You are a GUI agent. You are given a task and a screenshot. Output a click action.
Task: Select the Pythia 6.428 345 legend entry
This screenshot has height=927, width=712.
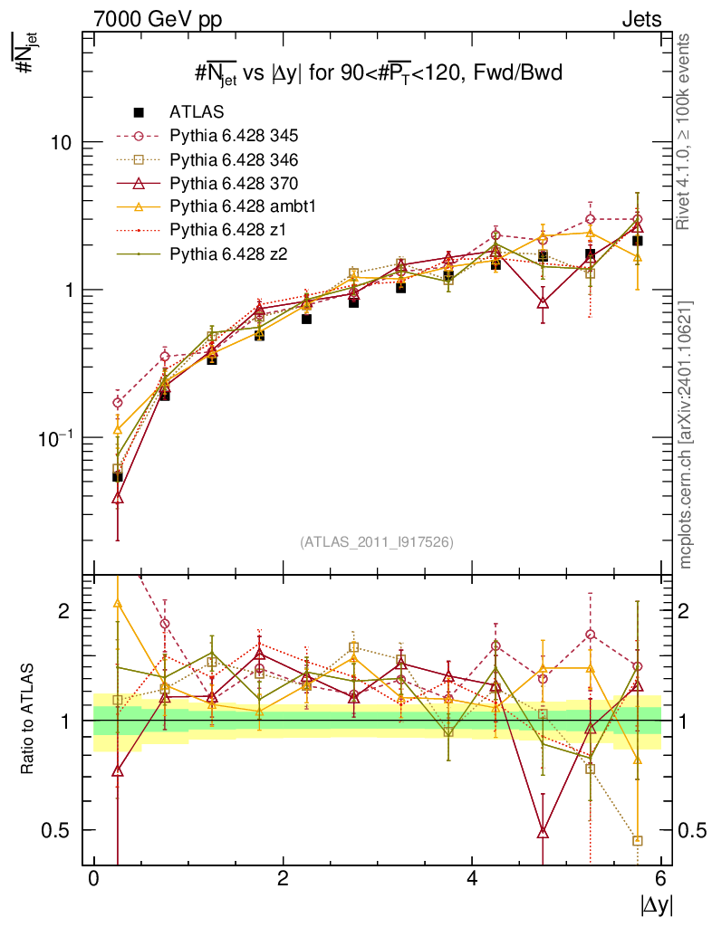coord(234,136)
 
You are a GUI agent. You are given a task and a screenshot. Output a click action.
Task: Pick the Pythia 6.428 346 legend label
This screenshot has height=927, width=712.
coord(234,159)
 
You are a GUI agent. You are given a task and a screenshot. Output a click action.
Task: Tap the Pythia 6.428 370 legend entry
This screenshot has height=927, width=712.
coord(234,183)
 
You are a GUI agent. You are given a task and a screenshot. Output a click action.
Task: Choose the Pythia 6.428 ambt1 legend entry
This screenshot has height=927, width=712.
coord(240,206)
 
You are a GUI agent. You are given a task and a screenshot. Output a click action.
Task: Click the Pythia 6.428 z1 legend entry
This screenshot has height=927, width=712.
coord(226,230)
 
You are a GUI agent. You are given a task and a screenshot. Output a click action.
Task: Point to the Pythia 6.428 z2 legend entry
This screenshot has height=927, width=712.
coord(226,253)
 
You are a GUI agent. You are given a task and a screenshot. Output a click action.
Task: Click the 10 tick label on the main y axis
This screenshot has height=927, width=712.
coord(61,143)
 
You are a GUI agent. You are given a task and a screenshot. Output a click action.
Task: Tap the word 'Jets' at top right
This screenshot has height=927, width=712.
coord(641,18)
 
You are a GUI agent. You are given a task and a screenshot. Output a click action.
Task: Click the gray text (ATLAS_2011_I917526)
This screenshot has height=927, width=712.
coord(377,541)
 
